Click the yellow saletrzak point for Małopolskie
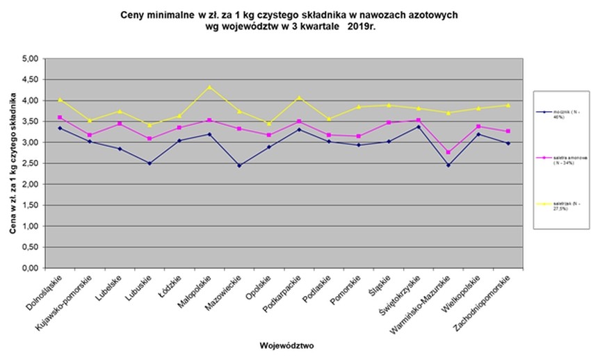209,88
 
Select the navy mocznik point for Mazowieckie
239,165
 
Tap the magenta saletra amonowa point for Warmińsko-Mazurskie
448,152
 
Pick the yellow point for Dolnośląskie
60,100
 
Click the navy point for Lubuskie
149,163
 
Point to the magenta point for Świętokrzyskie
418,120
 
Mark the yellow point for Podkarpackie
299,98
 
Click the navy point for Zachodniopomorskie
508,143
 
